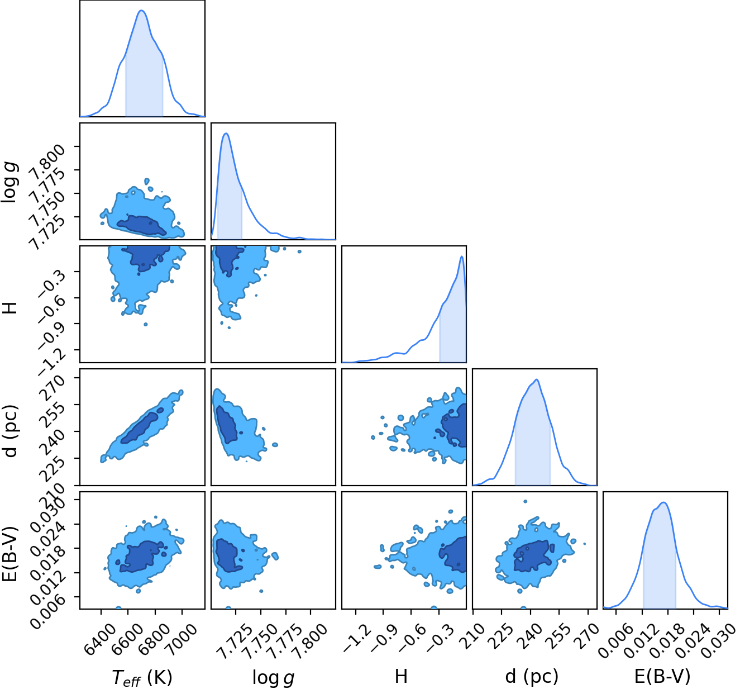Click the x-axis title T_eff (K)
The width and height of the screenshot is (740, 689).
point(142,677)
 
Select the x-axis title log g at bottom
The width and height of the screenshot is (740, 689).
point(274,678)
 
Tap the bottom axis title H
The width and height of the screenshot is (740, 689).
point(401,676)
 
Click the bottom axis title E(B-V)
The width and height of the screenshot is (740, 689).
point(662,676)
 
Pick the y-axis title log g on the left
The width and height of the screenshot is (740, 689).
point(10,182)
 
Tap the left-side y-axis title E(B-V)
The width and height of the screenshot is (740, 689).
point(10,554)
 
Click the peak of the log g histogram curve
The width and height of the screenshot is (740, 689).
point(226,134)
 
